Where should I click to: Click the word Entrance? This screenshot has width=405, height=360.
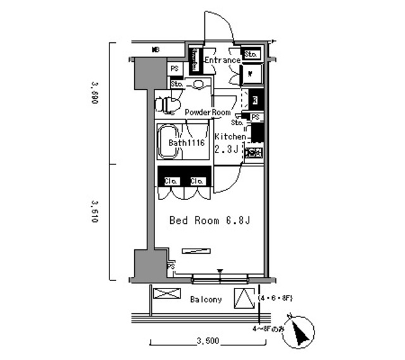click(221, 61)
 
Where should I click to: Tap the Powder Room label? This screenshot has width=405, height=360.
click(208, 112)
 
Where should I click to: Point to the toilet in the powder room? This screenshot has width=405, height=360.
click(167, 102)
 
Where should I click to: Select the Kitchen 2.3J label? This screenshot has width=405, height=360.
click(229, 143)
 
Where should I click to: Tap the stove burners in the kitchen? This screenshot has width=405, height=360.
click(254, 153)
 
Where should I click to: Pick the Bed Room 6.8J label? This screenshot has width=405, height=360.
click(203, 221)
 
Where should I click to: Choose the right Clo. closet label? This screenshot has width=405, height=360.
click(197, 181)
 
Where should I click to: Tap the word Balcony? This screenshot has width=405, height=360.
click(206, 299)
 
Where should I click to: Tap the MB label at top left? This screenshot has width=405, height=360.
click(155, 49)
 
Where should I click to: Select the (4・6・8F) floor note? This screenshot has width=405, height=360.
click(276, 297)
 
